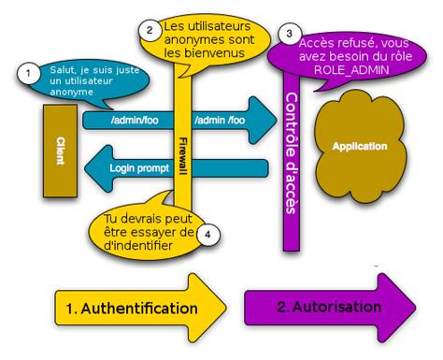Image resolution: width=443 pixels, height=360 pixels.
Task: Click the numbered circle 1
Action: pos(29,71)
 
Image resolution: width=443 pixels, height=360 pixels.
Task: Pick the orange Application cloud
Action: pos(360,147)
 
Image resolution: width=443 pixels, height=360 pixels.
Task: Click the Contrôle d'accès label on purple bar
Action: pos(290,154)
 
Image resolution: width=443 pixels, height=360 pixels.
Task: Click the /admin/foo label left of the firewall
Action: pos(131,121)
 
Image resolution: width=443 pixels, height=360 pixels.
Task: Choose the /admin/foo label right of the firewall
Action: pos(221,121)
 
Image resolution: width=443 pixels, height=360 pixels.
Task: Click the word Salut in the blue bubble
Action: pos(63,68)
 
